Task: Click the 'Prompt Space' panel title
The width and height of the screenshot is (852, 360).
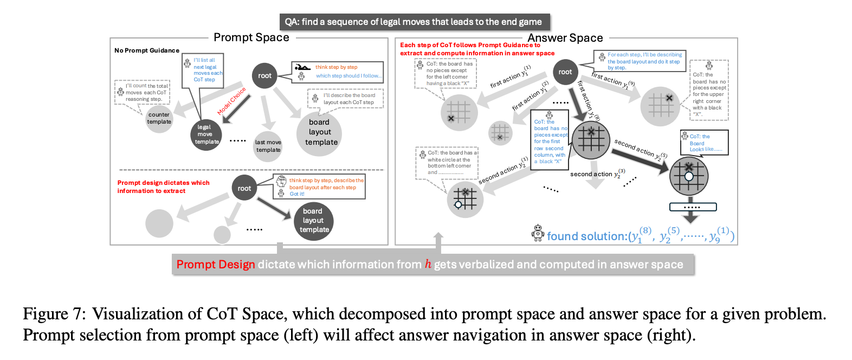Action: tap(251, 37)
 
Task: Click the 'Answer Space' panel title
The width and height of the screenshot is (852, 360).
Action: tap(565, 38)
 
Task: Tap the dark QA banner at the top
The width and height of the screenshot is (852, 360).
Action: tap(415, 22)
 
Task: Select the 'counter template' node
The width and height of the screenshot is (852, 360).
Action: tap(159, 118)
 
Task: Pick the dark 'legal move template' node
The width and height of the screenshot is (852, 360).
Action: tap(206, 134)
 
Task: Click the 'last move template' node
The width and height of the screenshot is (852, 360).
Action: tap(268, 146)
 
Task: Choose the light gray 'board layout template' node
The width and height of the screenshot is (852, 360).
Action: tap(320, 133)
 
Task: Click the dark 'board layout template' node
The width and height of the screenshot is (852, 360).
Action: tap(313, 221)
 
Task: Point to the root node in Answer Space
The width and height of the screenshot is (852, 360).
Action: tap(565, 72)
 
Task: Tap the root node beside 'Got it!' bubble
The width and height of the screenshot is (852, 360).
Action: tap(244, 188)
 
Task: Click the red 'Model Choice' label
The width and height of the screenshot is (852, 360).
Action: tap(231, 101)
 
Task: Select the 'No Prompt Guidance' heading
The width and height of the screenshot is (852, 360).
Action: tap(147, 50)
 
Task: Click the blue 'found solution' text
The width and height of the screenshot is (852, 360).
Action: tap(586, 236)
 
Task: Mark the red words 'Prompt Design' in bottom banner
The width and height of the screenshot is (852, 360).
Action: tap(216, 265)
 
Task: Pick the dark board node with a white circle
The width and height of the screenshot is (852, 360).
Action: tap(689, 176)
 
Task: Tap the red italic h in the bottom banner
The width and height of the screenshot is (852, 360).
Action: tap(428, 264)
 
